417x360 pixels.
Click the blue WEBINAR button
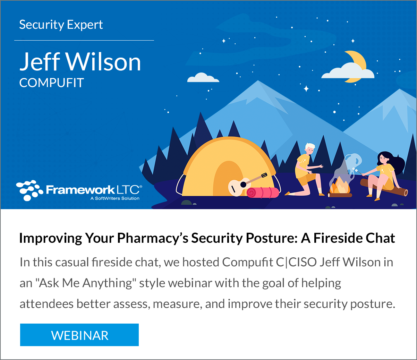(79, 335)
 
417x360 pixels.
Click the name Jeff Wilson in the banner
(80, 62)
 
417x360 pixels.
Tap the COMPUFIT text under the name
(52, 83)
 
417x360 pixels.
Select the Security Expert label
(61, 25)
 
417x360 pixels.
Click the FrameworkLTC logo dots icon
(29, 190)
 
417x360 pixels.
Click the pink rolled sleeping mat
(263, 192)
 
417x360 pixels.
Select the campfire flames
(339, 187)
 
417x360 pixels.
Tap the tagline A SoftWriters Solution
(115, 198)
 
